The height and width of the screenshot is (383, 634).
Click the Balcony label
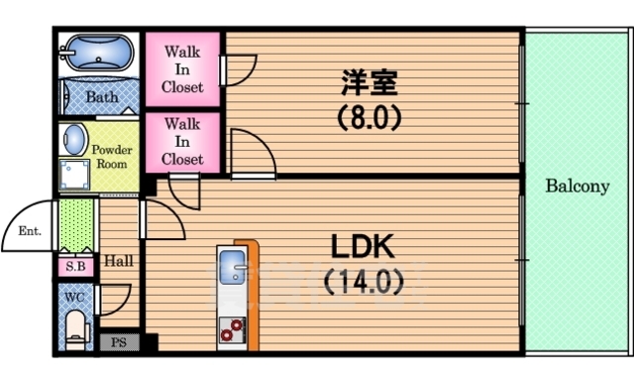(576, 186)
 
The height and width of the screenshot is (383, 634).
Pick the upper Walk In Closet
(183, 68)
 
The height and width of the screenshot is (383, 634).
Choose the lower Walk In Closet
(183, 141)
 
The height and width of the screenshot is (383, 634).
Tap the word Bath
(101, 97)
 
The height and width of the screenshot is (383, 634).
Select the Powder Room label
(112, 156)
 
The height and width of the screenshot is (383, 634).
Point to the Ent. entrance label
(27, 231)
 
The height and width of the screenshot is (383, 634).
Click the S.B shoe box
(74, 266)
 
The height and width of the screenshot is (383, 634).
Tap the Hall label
(119, 261)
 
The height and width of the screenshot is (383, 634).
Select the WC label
(74, 296)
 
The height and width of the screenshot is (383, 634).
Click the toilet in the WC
(75, 325)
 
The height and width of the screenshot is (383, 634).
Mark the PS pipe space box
(119, 342)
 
